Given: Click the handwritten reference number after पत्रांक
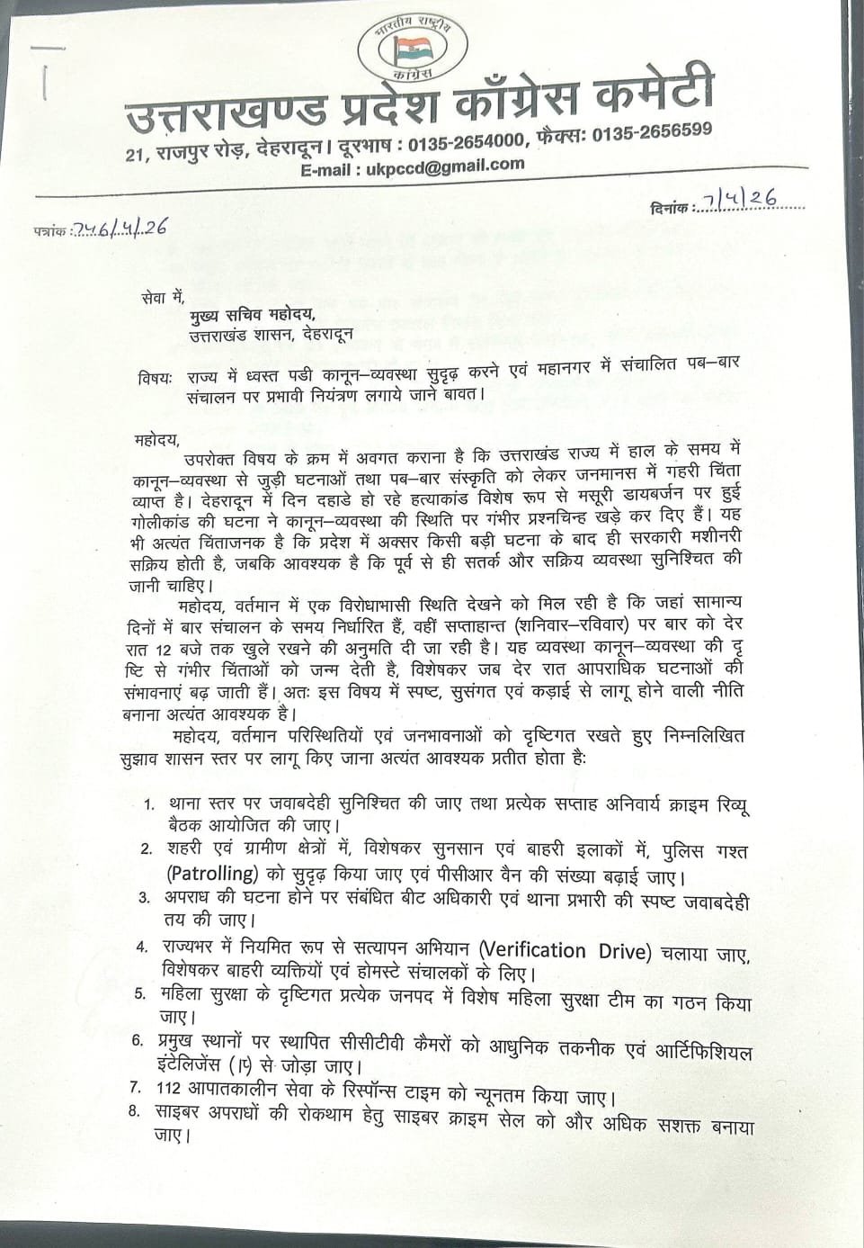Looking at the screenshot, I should [x=120, y=229].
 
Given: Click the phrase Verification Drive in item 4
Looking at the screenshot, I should [x=564, y=951].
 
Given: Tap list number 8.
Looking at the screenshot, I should [x=134, y=1111].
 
